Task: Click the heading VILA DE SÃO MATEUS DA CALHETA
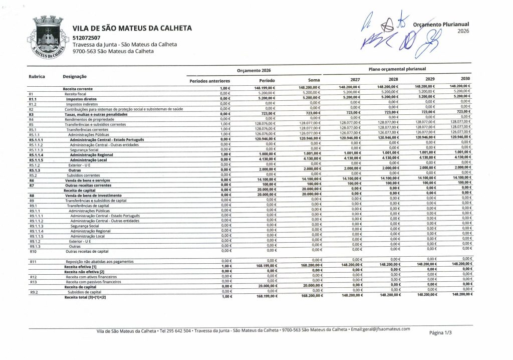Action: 132,29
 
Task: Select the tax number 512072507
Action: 86,38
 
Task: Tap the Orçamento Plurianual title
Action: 441,25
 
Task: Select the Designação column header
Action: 75,76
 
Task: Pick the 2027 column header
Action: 355,80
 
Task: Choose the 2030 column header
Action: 465,79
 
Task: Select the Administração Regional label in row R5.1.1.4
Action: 90,155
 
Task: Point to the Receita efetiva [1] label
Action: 80,267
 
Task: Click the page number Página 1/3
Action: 440,332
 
